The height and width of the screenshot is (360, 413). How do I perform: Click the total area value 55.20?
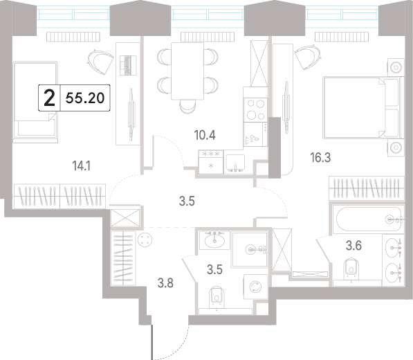click(x=85, y=98)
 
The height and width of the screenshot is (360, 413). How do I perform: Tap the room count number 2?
click(x=49, y=98)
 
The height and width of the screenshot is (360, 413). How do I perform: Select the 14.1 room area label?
click(x=82, y=166)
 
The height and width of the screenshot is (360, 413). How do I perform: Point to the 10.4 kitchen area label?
click(x=205, y=135)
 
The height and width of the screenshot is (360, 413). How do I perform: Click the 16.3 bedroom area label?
click(x=320, y=158)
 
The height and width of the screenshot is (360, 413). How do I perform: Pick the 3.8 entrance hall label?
click(x=165, y=284)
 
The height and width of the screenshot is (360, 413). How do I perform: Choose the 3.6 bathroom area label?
click(x=354, y=246)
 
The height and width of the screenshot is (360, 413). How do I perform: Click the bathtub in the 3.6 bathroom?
click(x=368, y=219)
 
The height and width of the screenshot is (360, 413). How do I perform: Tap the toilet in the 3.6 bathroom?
click(x=351, y=269)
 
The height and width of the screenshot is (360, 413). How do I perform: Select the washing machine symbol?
click(x=255, y=287)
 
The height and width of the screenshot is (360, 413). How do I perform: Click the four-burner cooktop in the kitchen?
click(x=255, y=109)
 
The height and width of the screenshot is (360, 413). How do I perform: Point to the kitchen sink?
click(x=235, y=163)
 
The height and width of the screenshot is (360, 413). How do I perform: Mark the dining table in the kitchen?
click(x=187, y=71)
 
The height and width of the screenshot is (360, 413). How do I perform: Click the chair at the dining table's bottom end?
click(x=187, y=107)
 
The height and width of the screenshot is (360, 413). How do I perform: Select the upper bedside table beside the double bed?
click(x=396, y=67)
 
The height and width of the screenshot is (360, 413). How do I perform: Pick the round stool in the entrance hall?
click(x=145, y=240)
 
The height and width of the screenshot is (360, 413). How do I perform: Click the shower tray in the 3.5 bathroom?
click(x=250, y=249)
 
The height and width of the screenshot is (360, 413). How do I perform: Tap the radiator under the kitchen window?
click(x=208, y=37)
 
